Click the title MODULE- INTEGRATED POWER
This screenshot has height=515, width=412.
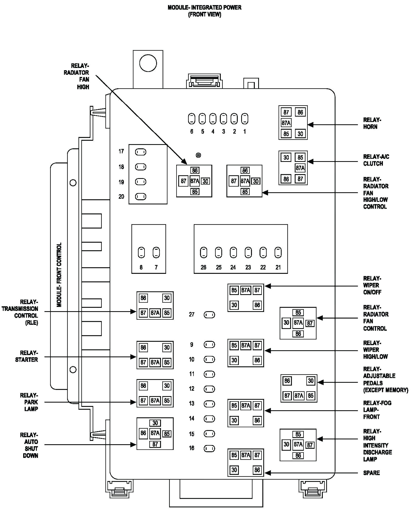[x=204, y=7]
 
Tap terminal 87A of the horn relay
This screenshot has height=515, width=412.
[x=286, y=123]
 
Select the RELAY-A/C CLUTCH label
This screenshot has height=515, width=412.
[x=376, y=160]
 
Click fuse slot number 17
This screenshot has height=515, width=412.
[x=141, y=152]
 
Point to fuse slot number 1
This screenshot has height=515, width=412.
[x=245, y=119]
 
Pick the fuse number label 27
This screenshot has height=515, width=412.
[x=191, y=315]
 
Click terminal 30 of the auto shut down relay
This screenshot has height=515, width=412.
[x=155, y=423]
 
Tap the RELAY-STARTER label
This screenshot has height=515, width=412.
[x=26, y=356]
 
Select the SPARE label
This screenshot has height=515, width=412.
[x=371, y=473]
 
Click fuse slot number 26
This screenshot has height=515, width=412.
[x=204, y=252]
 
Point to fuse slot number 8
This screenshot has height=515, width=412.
[x=141, y=252]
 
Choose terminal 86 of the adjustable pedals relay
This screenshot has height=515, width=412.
[x=287, y=381]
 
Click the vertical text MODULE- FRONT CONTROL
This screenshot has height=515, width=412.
[x=59, y=275]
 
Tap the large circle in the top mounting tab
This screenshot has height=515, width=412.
[x=148, y=63]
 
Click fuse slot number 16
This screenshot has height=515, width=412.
[x=209, y=449]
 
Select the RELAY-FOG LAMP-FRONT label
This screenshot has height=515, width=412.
[x=377, y=410]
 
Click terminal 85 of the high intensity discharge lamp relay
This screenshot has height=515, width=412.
[x=298, y=434]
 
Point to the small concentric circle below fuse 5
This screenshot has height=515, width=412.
[x=198, y=155]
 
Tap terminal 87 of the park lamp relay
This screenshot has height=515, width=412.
[x=143, y=400]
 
